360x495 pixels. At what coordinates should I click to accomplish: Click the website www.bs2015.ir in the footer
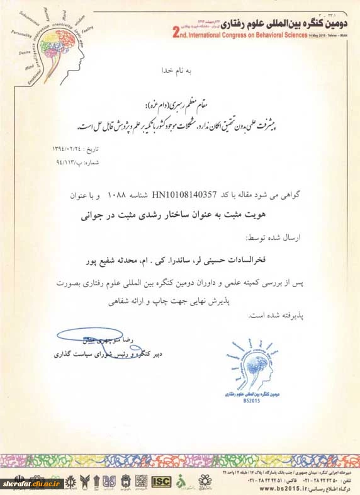point(278,486)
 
